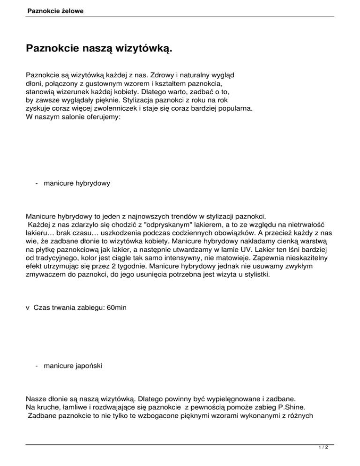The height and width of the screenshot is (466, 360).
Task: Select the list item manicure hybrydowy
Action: click(x=77, y=184)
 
